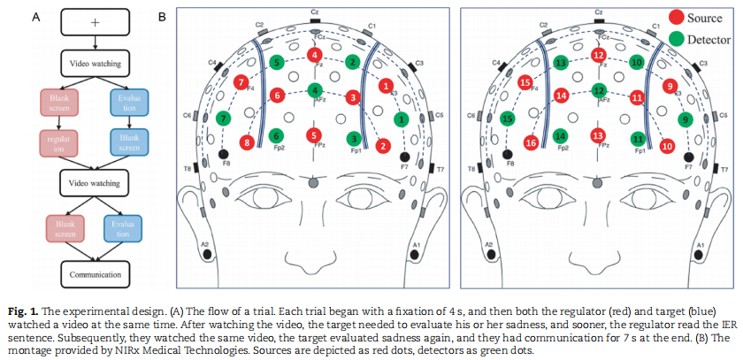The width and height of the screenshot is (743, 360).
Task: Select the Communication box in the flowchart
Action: (x=96, y=274)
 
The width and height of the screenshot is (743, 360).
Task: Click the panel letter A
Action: (x=35, y=16)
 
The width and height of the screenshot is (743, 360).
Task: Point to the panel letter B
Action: (x=162, y=16)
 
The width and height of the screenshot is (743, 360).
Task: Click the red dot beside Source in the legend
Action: (x=676, y=18)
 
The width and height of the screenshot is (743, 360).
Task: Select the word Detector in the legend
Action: (x=709, y=39)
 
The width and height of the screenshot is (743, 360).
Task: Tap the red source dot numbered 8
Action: (x=247, y=142)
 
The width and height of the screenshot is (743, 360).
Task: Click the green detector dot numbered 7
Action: (x=224, y=118)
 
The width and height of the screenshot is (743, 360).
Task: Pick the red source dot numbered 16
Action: (x=531, y=142)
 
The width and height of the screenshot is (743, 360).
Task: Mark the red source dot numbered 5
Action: (x=313, y=135)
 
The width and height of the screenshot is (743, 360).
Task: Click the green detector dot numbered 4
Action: (x=313, y=89)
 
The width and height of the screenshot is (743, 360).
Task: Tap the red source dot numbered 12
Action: (x=598, y=56)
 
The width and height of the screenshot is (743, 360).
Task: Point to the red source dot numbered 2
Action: (x=382, y=144)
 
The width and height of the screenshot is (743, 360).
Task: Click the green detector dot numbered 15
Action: (x=508, y=118)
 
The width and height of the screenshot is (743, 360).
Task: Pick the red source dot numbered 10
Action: (x=667, y=144)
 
